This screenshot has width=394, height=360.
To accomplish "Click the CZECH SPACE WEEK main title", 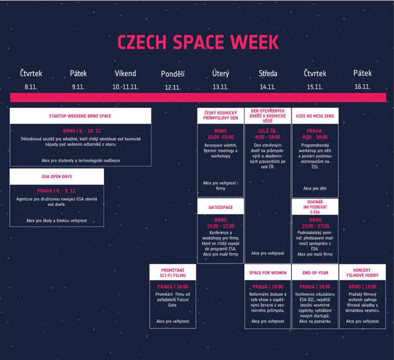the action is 198,42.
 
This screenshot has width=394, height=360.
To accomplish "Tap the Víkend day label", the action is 125,73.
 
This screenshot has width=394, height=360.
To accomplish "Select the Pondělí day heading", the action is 172,74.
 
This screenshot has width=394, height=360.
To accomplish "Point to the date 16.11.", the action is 362,87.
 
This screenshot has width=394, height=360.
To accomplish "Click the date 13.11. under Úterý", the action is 221,87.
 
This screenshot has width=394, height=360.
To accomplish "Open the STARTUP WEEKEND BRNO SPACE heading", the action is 80,116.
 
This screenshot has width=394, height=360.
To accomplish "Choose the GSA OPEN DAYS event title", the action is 57,177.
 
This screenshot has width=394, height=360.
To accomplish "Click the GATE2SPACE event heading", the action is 221,207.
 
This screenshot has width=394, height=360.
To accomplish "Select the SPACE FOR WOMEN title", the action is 268,273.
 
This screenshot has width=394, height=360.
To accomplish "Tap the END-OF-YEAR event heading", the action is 316,273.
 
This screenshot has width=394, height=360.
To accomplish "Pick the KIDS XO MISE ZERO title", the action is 315,116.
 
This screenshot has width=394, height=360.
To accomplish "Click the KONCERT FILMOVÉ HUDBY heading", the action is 362,273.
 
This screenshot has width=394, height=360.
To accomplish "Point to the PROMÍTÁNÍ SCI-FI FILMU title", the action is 173,273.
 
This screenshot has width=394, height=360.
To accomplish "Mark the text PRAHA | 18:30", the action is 315,287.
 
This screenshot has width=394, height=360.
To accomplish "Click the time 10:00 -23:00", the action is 221,137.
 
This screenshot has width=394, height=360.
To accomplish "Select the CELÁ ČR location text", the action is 267,131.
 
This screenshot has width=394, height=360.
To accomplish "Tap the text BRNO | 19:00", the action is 362,287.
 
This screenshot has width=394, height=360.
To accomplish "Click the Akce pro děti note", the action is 315,188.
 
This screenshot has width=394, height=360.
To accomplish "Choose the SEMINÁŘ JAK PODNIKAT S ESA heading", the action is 315,207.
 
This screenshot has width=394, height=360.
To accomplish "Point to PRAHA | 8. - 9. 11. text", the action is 57,191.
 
